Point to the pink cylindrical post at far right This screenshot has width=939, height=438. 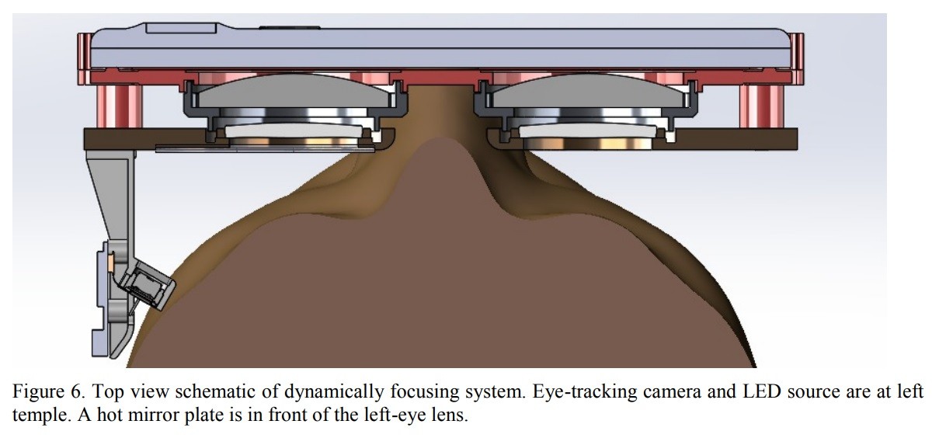pyautogui.click(x=760, y=105)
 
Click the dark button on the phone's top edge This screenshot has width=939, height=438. pyautogui.click(x=289, y=28)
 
